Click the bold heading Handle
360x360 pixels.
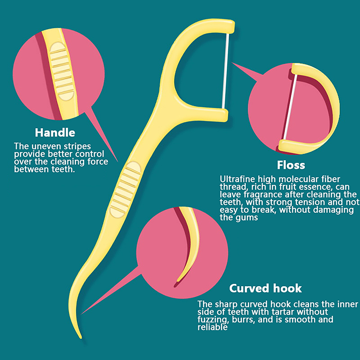(55, 133)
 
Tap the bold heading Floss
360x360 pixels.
(291, 165)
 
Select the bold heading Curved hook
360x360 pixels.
(265, 288)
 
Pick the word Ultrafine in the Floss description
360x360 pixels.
(235, 179)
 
